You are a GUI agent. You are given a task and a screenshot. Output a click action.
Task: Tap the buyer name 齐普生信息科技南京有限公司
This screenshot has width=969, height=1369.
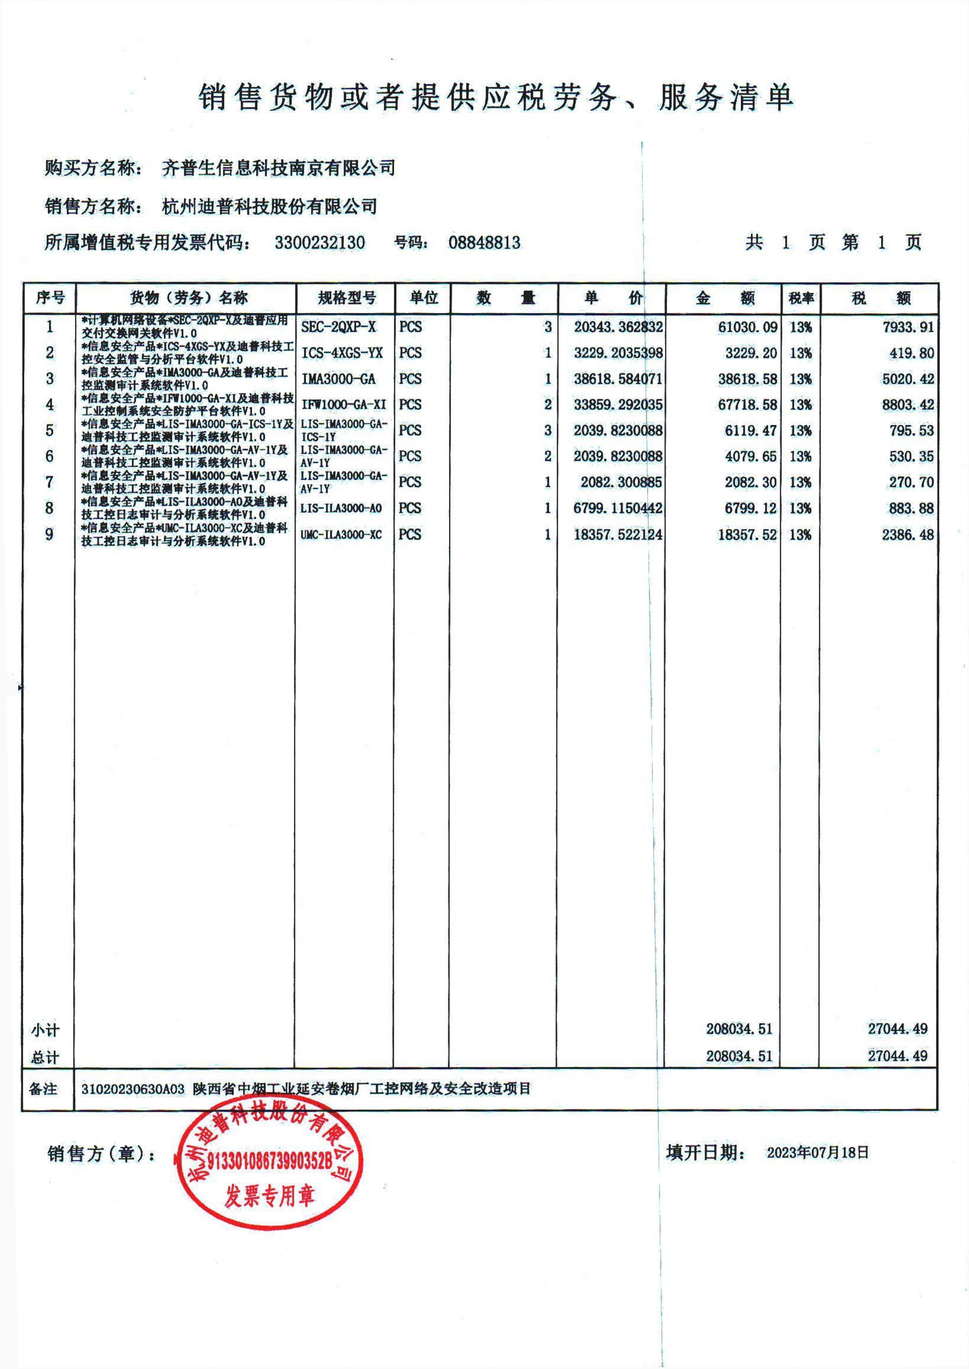pos(279,168)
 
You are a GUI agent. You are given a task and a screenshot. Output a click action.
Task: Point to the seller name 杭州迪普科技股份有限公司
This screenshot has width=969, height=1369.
pos(270,206)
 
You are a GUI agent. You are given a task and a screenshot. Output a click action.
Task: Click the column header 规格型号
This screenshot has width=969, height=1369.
pos(346,297)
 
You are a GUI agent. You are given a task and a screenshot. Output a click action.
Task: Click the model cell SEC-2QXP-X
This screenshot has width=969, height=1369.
pos(338,327)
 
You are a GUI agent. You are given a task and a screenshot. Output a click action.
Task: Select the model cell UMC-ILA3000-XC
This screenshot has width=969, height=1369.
pos(341,535)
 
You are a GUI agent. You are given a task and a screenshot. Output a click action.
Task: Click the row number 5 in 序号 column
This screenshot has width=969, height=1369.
pos(50,430)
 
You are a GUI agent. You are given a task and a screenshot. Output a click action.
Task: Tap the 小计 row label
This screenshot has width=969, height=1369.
pos(45,1030)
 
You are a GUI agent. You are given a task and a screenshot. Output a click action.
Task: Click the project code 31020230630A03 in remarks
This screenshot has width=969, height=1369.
pos(133,1088)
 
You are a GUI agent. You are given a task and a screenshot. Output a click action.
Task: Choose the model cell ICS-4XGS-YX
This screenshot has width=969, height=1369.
pos(341,353)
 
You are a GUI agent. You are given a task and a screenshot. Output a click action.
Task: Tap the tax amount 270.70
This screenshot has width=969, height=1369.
pos(911,482)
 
